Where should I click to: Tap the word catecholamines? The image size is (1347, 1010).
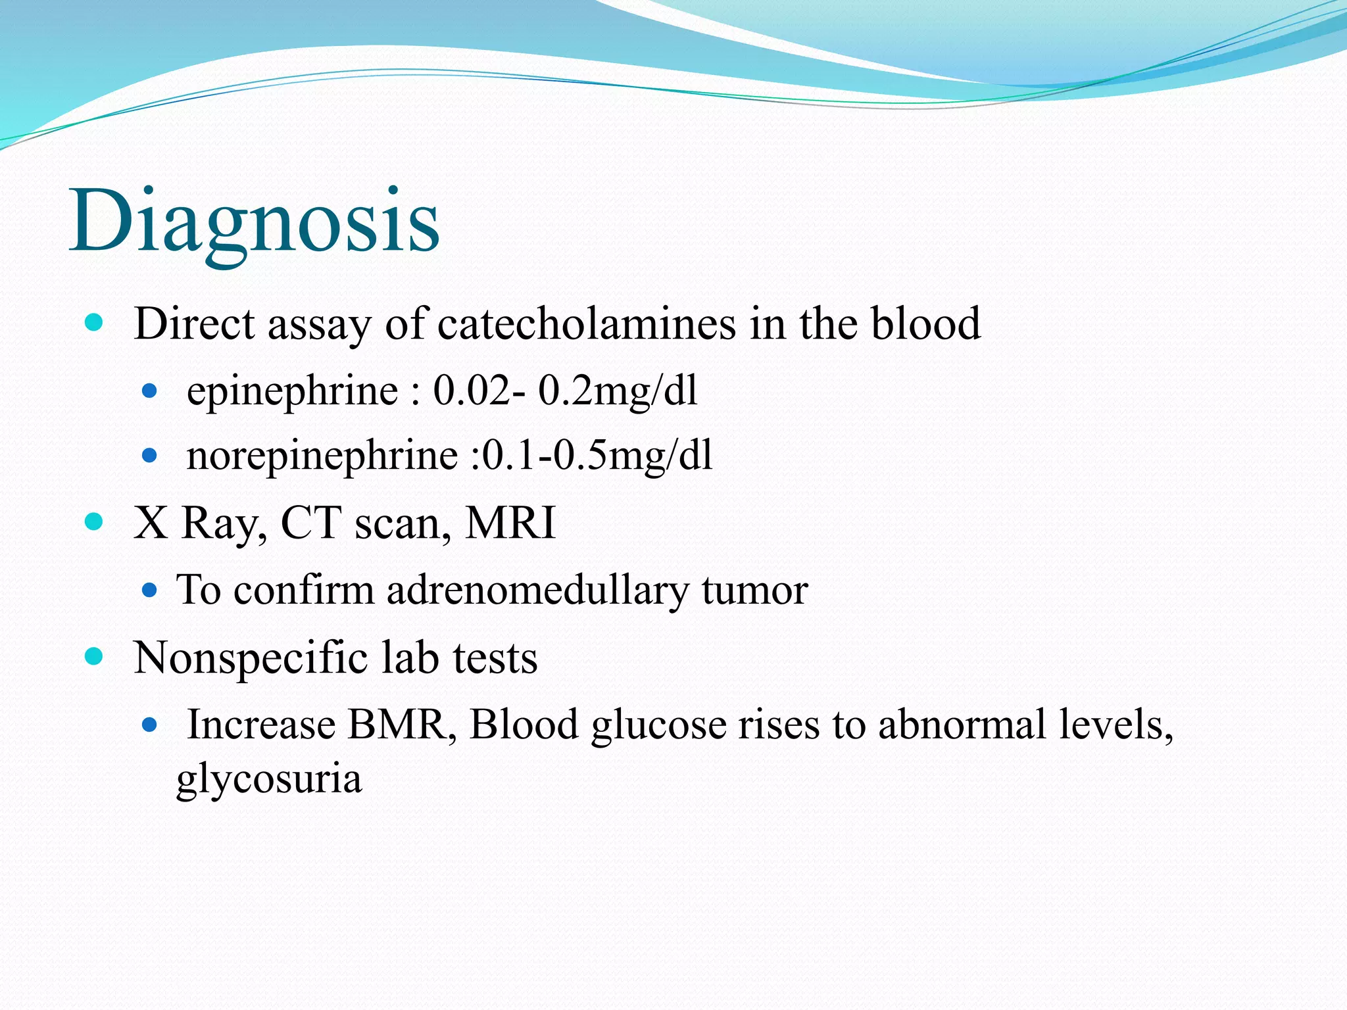pyautogui.click(x=586, y=324)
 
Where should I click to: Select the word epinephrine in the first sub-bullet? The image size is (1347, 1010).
pyautogui.click(x=292, y=391)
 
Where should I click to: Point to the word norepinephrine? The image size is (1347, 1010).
pyautogui.click(x=322, y=456)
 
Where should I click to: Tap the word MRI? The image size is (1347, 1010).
pyautogui.click(x=510, y=523)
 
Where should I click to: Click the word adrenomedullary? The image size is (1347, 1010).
pyautogui.click(x=537, y=590)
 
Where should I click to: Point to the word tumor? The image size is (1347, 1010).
pyautogui.click(x=754, y=590)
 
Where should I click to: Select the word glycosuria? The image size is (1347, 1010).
pyautogui.click(x=269, y=779)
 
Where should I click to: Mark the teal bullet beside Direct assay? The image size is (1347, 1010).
pyautogui.click(x=95, y=323)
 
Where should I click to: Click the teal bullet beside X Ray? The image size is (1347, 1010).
pyautogui.click(x=95, y=522)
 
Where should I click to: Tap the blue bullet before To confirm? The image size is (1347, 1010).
pyautogui.click(x=150, y=590)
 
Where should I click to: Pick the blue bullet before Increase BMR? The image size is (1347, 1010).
pyautogui.click(x=150, y=725)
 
